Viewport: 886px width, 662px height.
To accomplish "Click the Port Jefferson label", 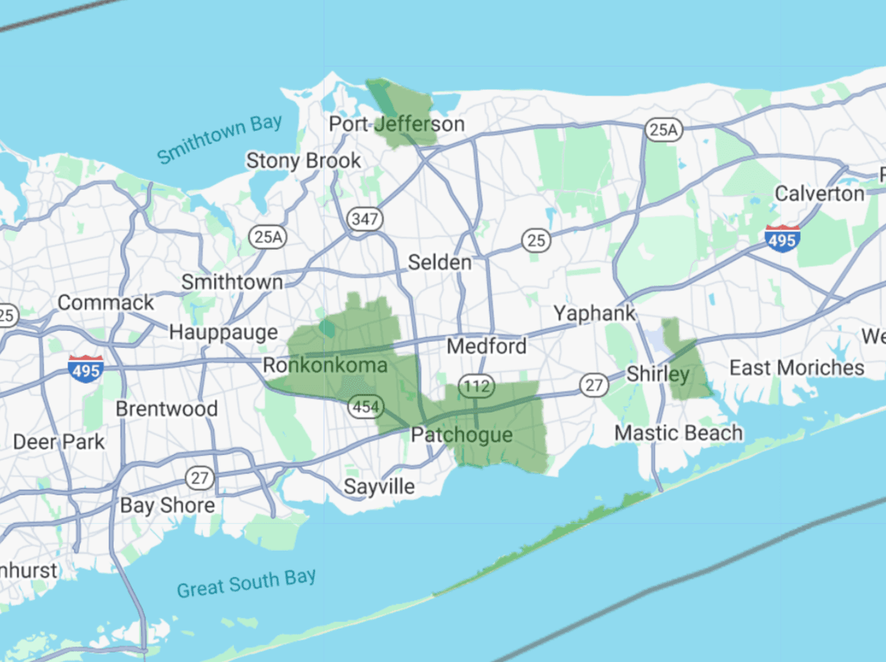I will click(397, 124).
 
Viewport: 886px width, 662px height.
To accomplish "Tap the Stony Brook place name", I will click(304, 160).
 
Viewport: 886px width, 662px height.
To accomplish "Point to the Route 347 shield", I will click(364, 219).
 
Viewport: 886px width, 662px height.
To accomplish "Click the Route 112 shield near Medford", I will click(472, 385).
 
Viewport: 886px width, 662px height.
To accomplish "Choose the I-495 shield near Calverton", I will click(781, 240).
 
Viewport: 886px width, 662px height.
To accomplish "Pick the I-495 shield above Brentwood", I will click(85, 370).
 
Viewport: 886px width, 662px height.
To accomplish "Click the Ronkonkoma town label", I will click(325, 365).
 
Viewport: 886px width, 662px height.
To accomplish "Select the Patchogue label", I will click(462, 435).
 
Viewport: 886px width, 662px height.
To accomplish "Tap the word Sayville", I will click(379, 487).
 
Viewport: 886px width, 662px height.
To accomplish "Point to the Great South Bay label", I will click(246, 583).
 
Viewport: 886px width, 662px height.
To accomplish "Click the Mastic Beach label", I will click(678, 433).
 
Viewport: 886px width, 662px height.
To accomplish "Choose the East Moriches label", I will click(797, 367).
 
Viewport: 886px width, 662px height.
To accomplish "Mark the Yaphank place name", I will click(594, 314).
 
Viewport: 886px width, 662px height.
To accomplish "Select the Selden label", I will click(439, 262).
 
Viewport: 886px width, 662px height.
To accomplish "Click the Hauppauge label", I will click(223, 333).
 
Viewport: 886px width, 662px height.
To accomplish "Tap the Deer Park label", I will click(59, 443).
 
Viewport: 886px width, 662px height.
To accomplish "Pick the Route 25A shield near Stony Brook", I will click(267, 237).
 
